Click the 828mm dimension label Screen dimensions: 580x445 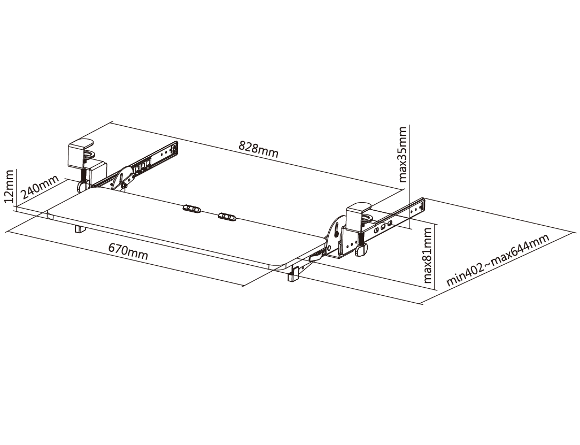pyautogui.click(x=258, y=149)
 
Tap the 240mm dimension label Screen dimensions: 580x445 pyautogui.click(x=40, y=187)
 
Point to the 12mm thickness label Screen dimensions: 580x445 pyautogui.click(x=9, y=186)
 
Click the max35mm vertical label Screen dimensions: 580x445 pyautogui.click(x=402, y=155)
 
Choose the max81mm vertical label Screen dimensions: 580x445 pyautogui.click(x=427, y=256)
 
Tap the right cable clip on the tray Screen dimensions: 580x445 pyautogui.click(x=227, y=216)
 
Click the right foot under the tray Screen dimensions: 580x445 pyautogui.click(x=293, y=275)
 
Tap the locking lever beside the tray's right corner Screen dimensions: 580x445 pyautogui.click(x=317, y=255)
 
